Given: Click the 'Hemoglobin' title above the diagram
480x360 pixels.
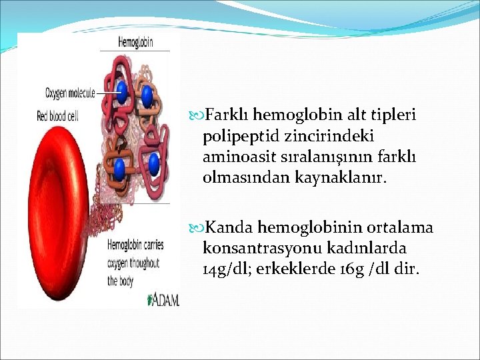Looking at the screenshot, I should click(135, 42).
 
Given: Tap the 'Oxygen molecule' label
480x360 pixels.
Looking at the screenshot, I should click(69, 92).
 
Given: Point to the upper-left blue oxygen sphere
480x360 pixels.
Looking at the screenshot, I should click(121, 91).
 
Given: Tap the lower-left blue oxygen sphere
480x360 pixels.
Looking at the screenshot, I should click(120, 168).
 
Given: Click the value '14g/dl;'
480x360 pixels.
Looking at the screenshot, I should click(227, 269).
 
